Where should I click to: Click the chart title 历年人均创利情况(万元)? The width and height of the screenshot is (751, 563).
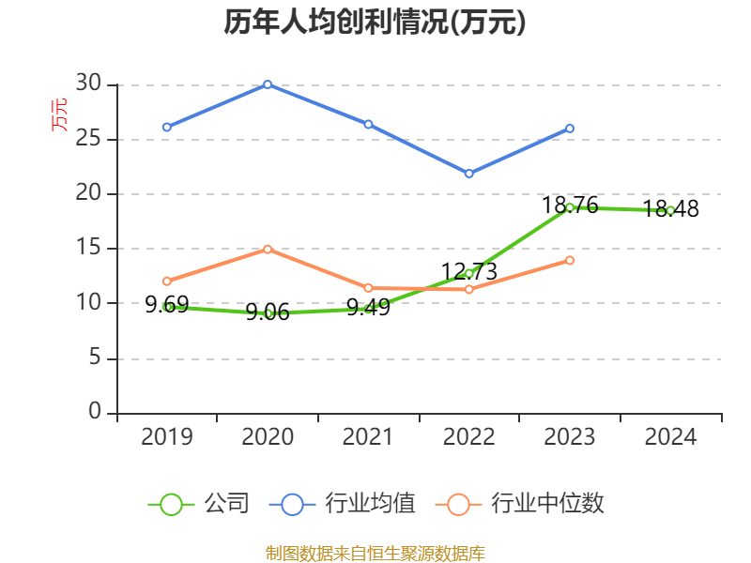[375, 22]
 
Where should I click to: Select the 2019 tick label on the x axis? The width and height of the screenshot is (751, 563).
[167, 436]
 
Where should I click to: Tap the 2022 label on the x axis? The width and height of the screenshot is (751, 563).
[468, 436]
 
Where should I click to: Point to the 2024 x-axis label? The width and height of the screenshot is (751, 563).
[670, 436]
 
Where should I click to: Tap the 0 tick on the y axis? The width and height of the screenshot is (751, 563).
[95, 412]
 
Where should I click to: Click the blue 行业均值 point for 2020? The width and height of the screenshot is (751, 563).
[268, 84]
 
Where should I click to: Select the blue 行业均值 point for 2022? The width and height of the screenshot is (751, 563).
[468, 174]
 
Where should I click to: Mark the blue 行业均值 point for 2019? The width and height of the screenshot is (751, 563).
[167, 127]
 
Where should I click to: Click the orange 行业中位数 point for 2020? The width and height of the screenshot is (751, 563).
[268, 249]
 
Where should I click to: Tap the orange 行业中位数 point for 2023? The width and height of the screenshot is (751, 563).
[570, 260]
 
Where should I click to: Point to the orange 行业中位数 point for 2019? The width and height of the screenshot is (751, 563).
[167, 281]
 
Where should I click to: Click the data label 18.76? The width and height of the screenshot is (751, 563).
[570, 205]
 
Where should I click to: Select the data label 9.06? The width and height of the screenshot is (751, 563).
[268, 312]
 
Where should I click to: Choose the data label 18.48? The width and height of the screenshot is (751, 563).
[670, 209]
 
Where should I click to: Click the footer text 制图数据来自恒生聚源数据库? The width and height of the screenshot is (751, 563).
[375, 553]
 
